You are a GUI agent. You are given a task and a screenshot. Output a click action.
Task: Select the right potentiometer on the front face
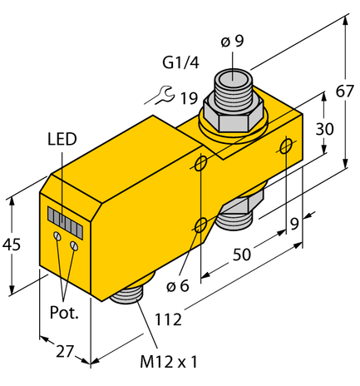click(x=75, y=245)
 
